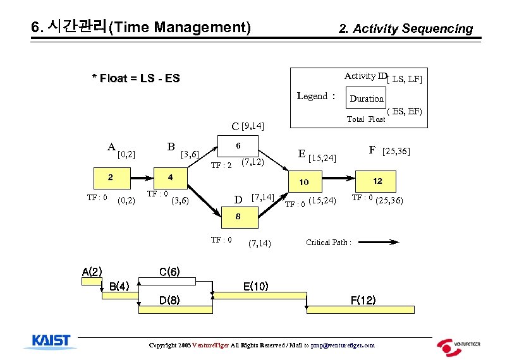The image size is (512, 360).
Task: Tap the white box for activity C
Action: [238, 145]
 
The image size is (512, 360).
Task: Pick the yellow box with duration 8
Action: [238, 217]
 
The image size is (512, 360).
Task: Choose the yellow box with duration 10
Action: [304, 182]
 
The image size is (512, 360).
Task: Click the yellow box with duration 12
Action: [377, 181]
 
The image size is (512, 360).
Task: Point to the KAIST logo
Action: [51, 342]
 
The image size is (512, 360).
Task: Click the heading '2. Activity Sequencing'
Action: [406, 28]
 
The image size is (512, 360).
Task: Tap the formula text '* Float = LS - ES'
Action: [136, 78]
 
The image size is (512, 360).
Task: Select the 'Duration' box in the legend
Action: [367, 99]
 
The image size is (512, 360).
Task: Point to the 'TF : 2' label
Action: [222, 165]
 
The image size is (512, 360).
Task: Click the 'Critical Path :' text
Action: [329, 242]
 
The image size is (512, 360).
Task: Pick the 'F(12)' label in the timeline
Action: [363, 300]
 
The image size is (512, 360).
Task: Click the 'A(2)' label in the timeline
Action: [92, 272]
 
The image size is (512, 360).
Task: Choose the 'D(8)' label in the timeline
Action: [168, 300]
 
